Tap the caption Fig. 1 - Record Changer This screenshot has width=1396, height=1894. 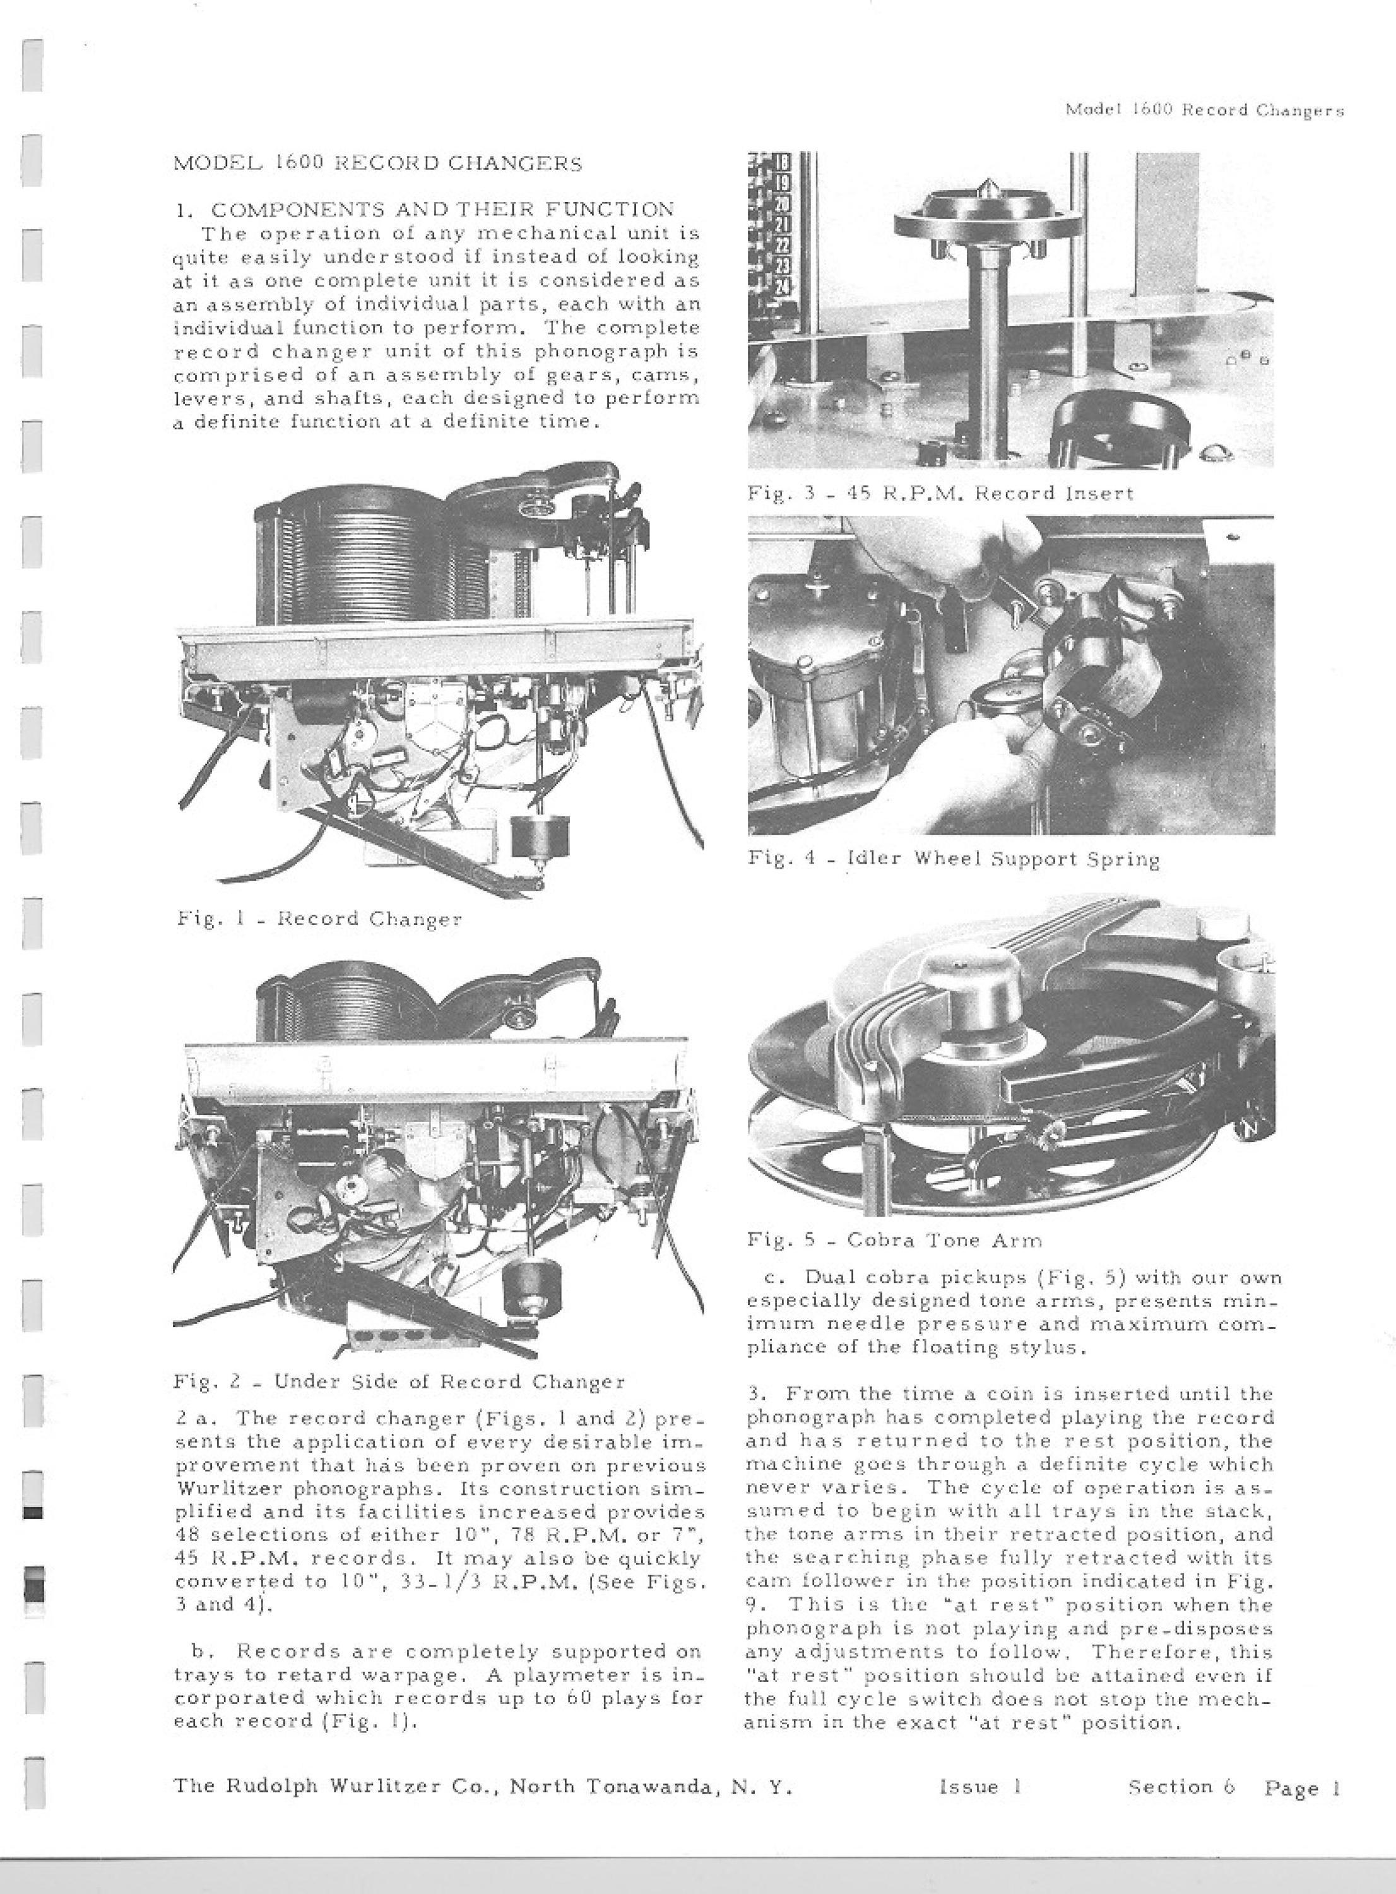pos(319,919)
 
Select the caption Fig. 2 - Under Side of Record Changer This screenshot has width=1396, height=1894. pos(399,1382)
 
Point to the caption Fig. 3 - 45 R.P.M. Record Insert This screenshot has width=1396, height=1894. pos(940,492)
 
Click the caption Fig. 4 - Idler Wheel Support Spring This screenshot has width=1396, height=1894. pos(953,859)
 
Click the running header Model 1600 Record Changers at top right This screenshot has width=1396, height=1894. pos(1204,110)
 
